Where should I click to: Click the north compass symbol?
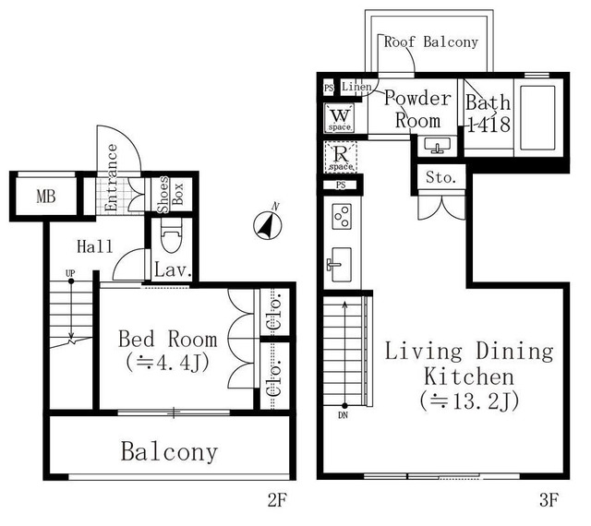[x=267, y=225]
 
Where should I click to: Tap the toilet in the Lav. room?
[x=172, y=235]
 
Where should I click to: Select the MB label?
[x=46, y=196]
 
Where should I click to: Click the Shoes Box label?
[x=170, y=195]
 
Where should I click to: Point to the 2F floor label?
[x=277, y=501]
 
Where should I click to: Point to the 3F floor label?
[x=549, y=501]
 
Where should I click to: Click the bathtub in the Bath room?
[x=537, y=118]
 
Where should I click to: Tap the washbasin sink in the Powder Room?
[x=437, y=145]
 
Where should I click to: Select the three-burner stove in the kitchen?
[x=342, y=217]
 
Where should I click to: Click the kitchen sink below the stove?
[x=341, y=265]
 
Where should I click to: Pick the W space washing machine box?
[x=340, y=118]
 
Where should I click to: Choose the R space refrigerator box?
[x=341, y=157]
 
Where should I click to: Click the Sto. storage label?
[x=440, y=177]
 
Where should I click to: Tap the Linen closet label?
[x=356, y=87]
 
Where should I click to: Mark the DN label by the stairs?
[x=343, y=415]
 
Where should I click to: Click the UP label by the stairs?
[x=70, y=273]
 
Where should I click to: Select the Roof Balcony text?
[x=431, y=42]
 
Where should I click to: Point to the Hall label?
[x=95, y=246]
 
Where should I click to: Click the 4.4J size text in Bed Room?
[x=168, y=363]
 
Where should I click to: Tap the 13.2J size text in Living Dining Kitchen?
[x=470, y=401]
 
